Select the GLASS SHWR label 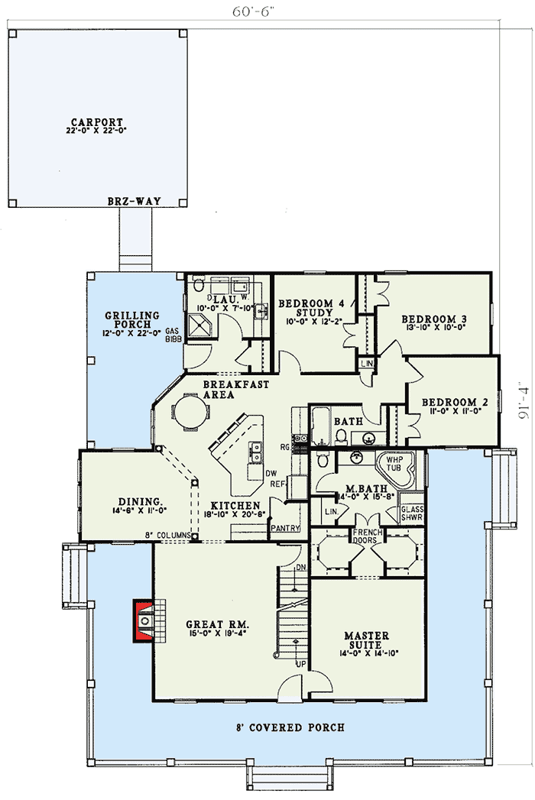[x=412, y=513]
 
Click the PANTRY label [x=284, y=528]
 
